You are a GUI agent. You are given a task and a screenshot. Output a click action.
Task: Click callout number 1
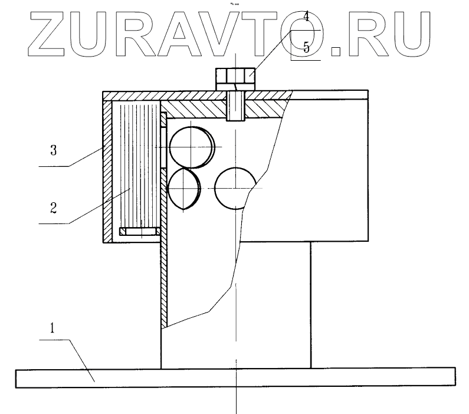pos(53,328)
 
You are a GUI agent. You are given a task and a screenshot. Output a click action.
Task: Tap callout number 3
pos(53,151)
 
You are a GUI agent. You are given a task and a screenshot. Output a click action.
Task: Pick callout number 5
pos(306,47)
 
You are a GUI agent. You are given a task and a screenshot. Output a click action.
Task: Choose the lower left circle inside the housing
pos(185,189)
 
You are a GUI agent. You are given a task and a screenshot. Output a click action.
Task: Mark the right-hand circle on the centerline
pos(235,188)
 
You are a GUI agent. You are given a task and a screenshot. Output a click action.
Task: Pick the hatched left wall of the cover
pos(107,171)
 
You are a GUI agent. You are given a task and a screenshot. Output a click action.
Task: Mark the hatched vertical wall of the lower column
pos(165,277)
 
